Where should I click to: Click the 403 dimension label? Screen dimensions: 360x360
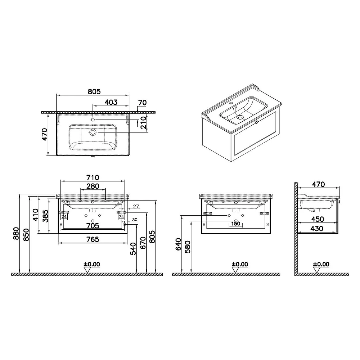[x=111, y=102]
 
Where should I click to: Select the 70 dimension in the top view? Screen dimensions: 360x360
[x=142, y=103]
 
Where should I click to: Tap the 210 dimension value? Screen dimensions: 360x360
[x=143, y=123]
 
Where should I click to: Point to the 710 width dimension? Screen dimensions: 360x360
[x=93, y=177]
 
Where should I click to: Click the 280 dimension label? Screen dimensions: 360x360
[x=93, y=186]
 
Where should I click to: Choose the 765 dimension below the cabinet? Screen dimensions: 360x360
[x=93, y=239]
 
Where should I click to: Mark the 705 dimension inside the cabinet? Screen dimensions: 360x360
[x=93, y=226]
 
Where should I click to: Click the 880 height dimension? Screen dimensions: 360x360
[x=16, y=234]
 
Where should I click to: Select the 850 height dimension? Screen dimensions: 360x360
[x=26, y=235]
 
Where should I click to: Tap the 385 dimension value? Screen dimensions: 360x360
[x=45, y=216]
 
